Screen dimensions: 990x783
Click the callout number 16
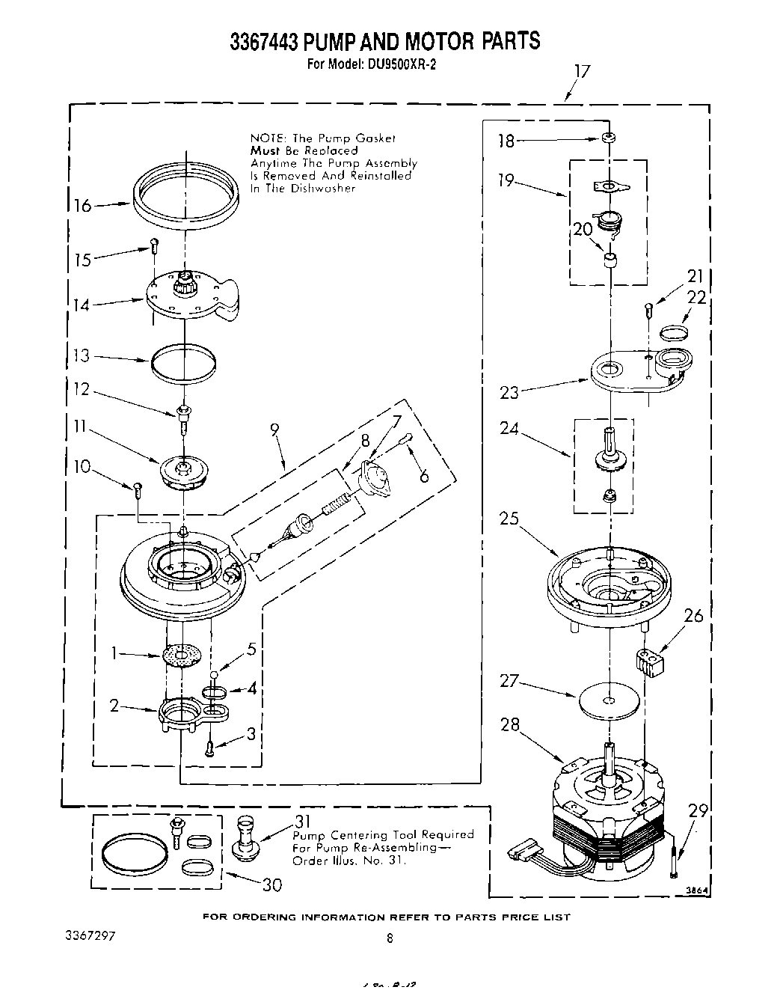(82, 205)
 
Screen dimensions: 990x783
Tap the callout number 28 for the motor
(510, 724)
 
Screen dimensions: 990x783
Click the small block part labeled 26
(649, 664)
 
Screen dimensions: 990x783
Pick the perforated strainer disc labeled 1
(182, 656)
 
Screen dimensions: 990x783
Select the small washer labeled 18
(609, 138)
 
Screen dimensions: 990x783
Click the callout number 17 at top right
(581, 72)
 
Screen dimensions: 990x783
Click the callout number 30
(272, 884)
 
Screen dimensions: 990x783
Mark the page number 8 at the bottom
(389, 938)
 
